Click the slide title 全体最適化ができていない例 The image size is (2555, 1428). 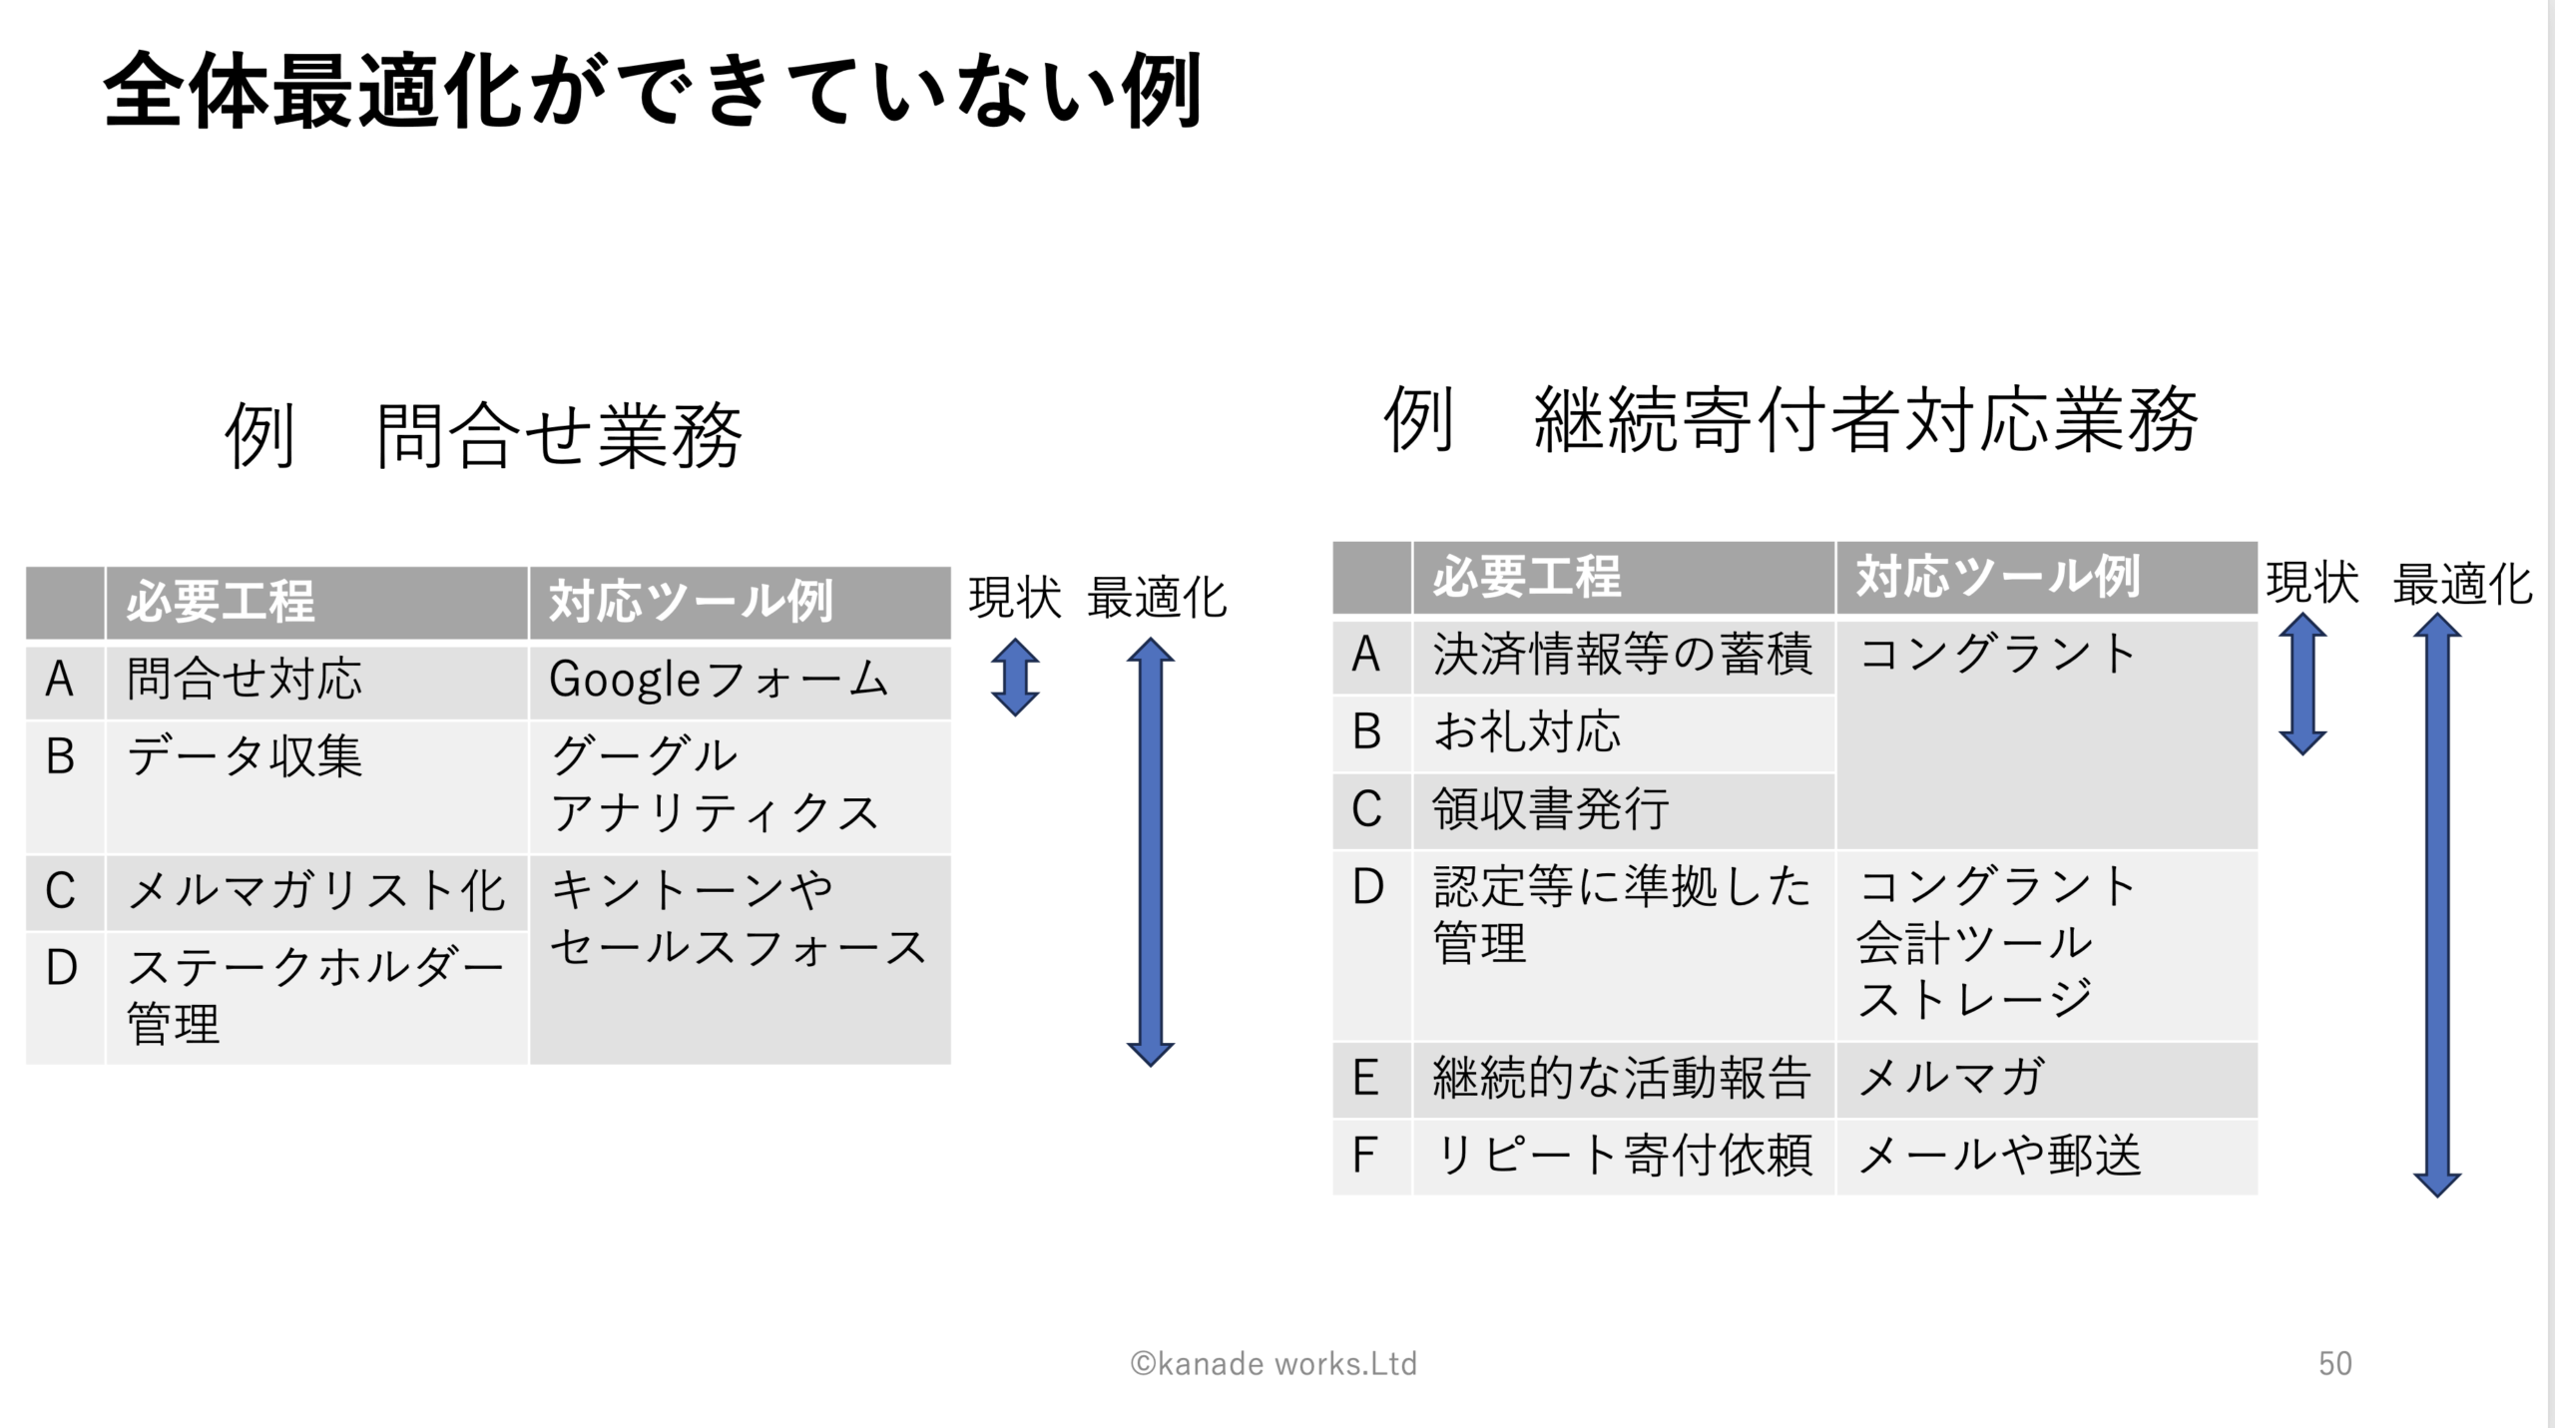[654, 92]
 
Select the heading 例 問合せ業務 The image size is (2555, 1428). [483, 435]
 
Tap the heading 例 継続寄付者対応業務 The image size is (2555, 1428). [1790, 419]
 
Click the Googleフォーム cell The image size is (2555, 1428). [740, 683]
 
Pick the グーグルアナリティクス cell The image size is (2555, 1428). [740, 786]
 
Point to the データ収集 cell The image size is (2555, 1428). [316, 786]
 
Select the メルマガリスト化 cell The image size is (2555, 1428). [316, 892]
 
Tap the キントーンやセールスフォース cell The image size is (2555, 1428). [740, 959]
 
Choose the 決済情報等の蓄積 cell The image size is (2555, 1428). [1624, 656]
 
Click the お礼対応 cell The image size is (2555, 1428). [1624, 733]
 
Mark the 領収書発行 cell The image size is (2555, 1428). [1624, 811]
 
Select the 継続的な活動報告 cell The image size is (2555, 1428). [1624, 1080]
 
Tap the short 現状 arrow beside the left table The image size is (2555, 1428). [1015, 678]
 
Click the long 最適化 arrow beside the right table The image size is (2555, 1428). [2437, 905]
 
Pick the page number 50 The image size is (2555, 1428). [2335, 1363]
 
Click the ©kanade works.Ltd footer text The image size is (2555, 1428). [1274, 1363]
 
